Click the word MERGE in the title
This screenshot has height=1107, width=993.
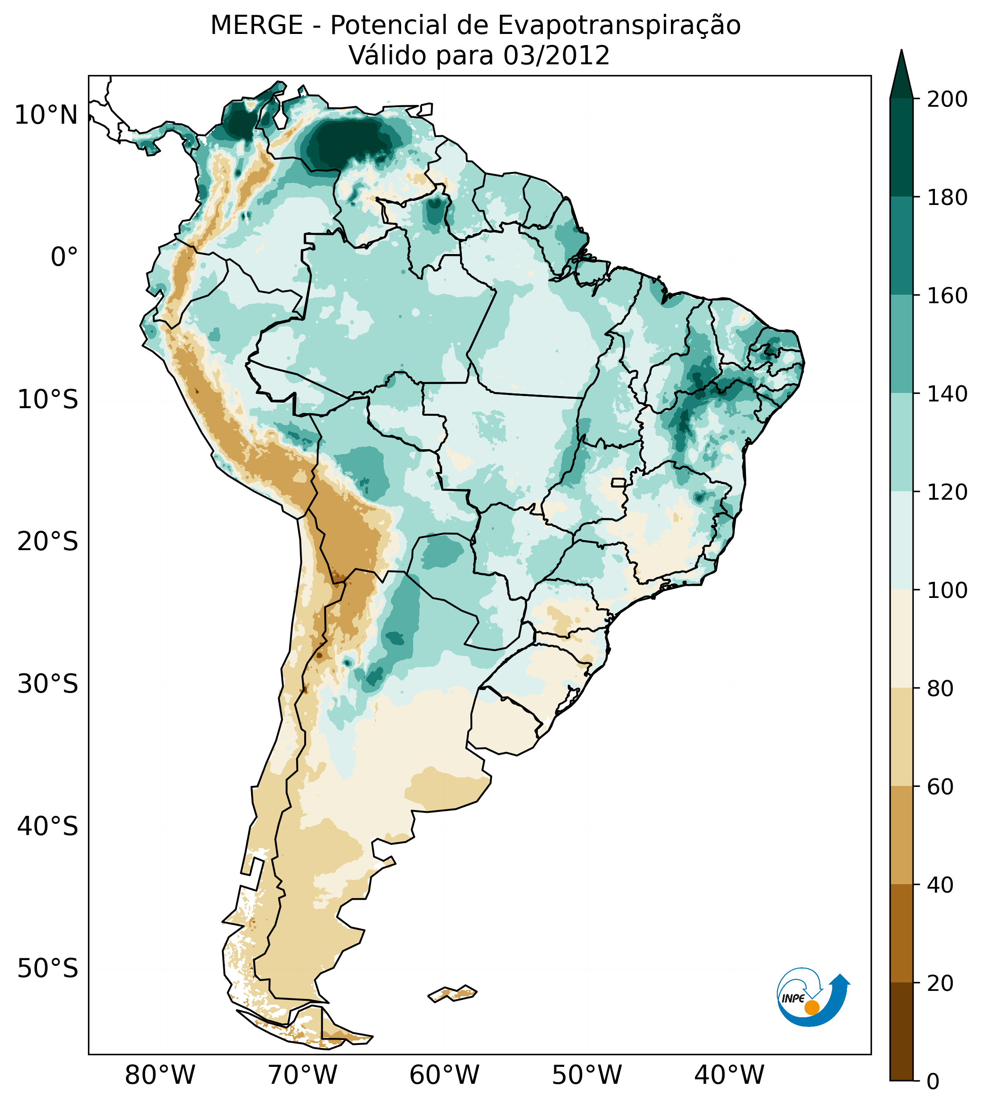pyautogui.click(x=256, y=25)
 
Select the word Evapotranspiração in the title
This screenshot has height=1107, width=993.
pyautogui.click(x=619, y=25)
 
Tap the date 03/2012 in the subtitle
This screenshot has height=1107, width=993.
pyautogui.click(x=557, y=56)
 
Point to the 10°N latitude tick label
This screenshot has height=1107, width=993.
pyautogui.click(x=46, y=115)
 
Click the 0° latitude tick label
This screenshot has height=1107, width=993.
pyautogui.click(x=64, y=257)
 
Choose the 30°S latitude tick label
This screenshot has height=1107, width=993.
pyautogui.click(x=48, y=685)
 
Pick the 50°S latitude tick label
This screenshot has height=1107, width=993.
pyautogui.click(x=48, y=969)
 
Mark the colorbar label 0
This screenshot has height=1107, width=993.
pyautogui.click(x=934, y=1082)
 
